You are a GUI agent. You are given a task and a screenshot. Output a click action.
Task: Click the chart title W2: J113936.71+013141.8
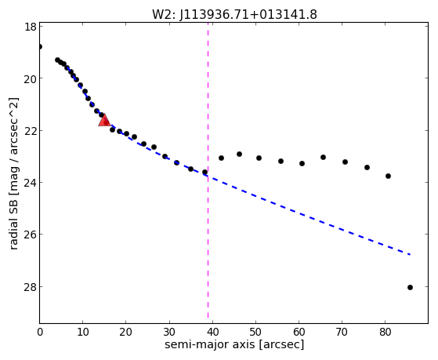(x=234, y=14)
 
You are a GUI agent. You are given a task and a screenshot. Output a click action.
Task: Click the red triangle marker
(x=104, y=121)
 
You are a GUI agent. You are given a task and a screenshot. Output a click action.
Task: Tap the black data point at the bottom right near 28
(x=410, y=287)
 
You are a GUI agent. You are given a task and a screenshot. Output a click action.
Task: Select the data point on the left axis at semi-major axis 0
(x=40, y=46)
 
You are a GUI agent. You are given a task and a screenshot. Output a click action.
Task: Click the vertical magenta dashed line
(x=208, y=170)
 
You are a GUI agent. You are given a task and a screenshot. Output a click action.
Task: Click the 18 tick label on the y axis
(x=30, y=27)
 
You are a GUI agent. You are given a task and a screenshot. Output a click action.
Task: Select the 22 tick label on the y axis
(x=30, y=131)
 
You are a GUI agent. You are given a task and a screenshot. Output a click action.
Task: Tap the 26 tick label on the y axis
(x=30, y=235)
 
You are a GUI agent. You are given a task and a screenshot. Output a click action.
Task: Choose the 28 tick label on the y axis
(x=30, y=287)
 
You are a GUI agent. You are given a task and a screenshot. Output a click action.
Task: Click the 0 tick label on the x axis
(x=40, y=333)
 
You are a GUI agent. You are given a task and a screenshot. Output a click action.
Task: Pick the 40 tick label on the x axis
(x=212, y=333)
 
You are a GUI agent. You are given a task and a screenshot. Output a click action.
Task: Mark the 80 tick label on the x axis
(x=386, y=333)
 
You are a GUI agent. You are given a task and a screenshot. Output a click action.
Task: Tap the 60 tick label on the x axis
(x=299, y=333)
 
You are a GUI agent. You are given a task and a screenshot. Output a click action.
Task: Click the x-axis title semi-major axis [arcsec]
(x=234, y=344)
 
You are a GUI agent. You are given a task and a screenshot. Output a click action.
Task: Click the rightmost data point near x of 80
(x=388, y=176)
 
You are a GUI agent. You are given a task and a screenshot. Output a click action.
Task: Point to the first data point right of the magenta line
(x=221, y=158)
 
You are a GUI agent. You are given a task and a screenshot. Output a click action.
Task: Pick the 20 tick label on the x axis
(x=125, y=333)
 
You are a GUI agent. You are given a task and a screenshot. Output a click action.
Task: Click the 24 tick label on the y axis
(x=30, y=183)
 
